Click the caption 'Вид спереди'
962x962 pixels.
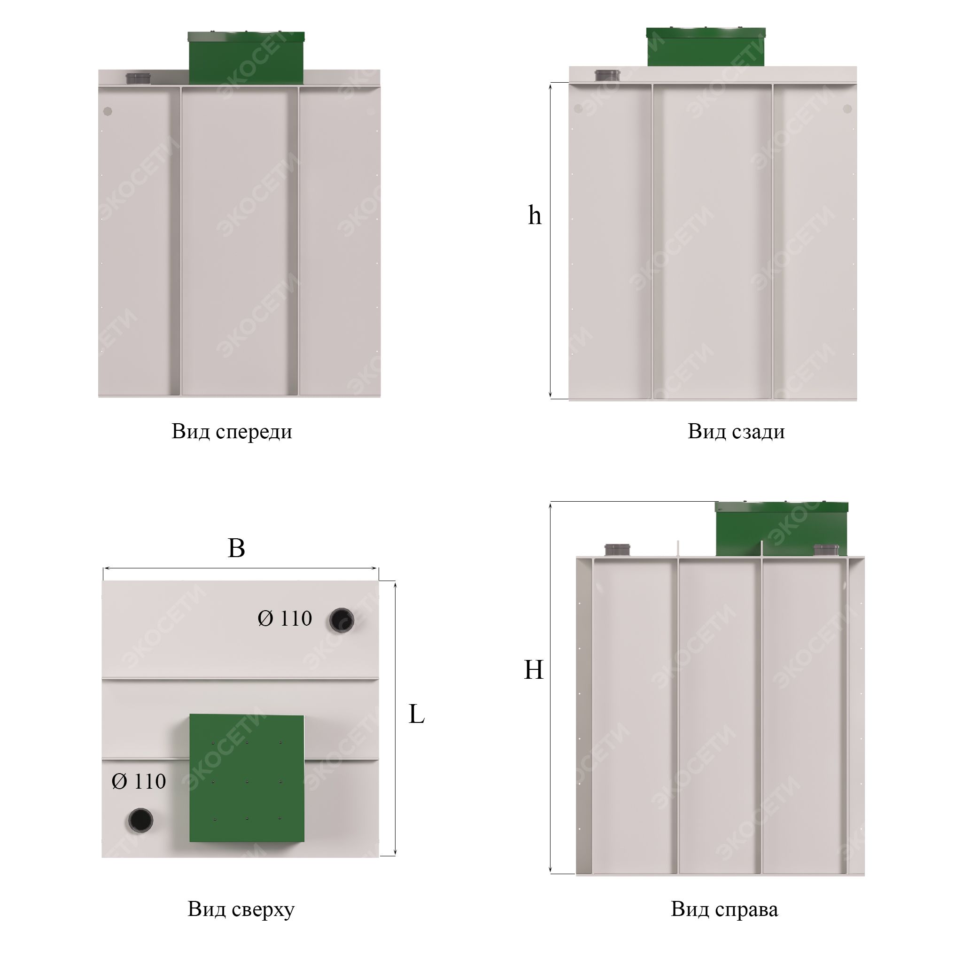point(232,432)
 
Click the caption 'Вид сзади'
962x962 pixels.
point(736,432)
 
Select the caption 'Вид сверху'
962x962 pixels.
point(241,909)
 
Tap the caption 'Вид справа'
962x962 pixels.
point(724,909)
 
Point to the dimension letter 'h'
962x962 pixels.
point(534,215)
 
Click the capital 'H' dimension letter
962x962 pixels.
point(533,670)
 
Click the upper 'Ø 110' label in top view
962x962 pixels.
point(285,619)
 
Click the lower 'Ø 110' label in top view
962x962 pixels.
point(139,781)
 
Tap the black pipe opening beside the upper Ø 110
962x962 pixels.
point(341,621)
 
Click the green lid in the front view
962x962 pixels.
point(246,58)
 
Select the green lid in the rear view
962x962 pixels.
point(706,47)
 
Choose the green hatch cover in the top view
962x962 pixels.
point(247,778)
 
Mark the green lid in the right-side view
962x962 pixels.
point(781,529)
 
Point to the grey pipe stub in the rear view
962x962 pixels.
point(608,75)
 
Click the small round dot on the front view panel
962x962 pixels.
point(108,111)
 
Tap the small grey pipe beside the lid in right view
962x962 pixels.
point(827,550)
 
